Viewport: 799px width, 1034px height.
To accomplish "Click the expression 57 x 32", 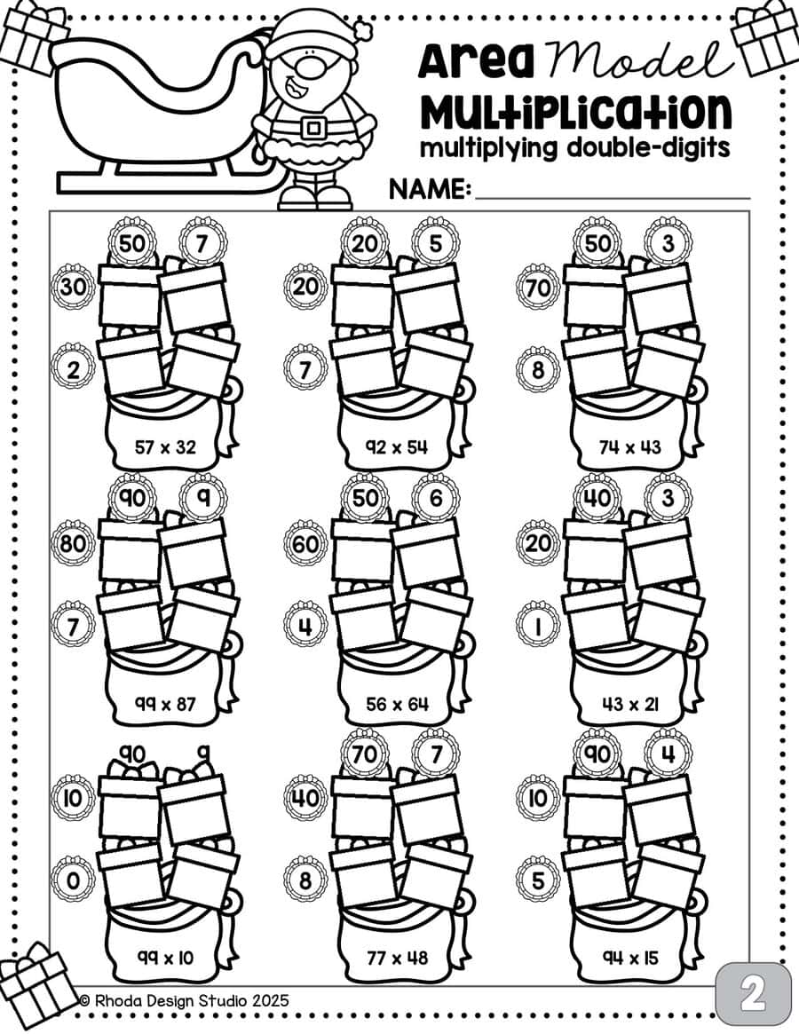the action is click(x=165, y=447).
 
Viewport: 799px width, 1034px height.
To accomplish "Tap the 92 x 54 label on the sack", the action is click(x=397, y=447).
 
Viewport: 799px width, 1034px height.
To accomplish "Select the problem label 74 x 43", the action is click(x=630, y=447).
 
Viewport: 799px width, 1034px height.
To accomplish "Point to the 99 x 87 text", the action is click(x=165, y=704).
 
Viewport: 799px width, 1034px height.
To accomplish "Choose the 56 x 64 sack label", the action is click(x=397, y=704).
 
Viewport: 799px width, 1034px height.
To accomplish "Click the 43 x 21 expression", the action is click(x=630, y=704).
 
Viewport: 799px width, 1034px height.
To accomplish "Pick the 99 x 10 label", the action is click(x=165, y=957).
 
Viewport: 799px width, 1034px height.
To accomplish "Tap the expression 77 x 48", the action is click(x=397, y=957).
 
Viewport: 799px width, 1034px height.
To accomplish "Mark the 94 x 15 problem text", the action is click(x=630, y=957).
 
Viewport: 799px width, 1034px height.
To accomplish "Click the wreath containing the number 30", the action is click(x=73, y=288).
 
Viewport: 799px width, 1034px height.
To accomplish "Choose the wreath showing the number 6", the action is click(x=436, y=497).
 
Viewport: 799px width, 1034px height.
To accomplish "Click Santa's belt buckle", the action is click(x=313, y=125).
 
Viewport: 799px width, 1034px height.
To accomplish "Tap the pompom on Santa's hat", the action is click(x=363, y=28).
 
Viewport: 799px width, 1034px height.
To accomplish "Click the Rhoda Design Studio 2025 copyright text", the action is click(x=184, y=1000).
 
